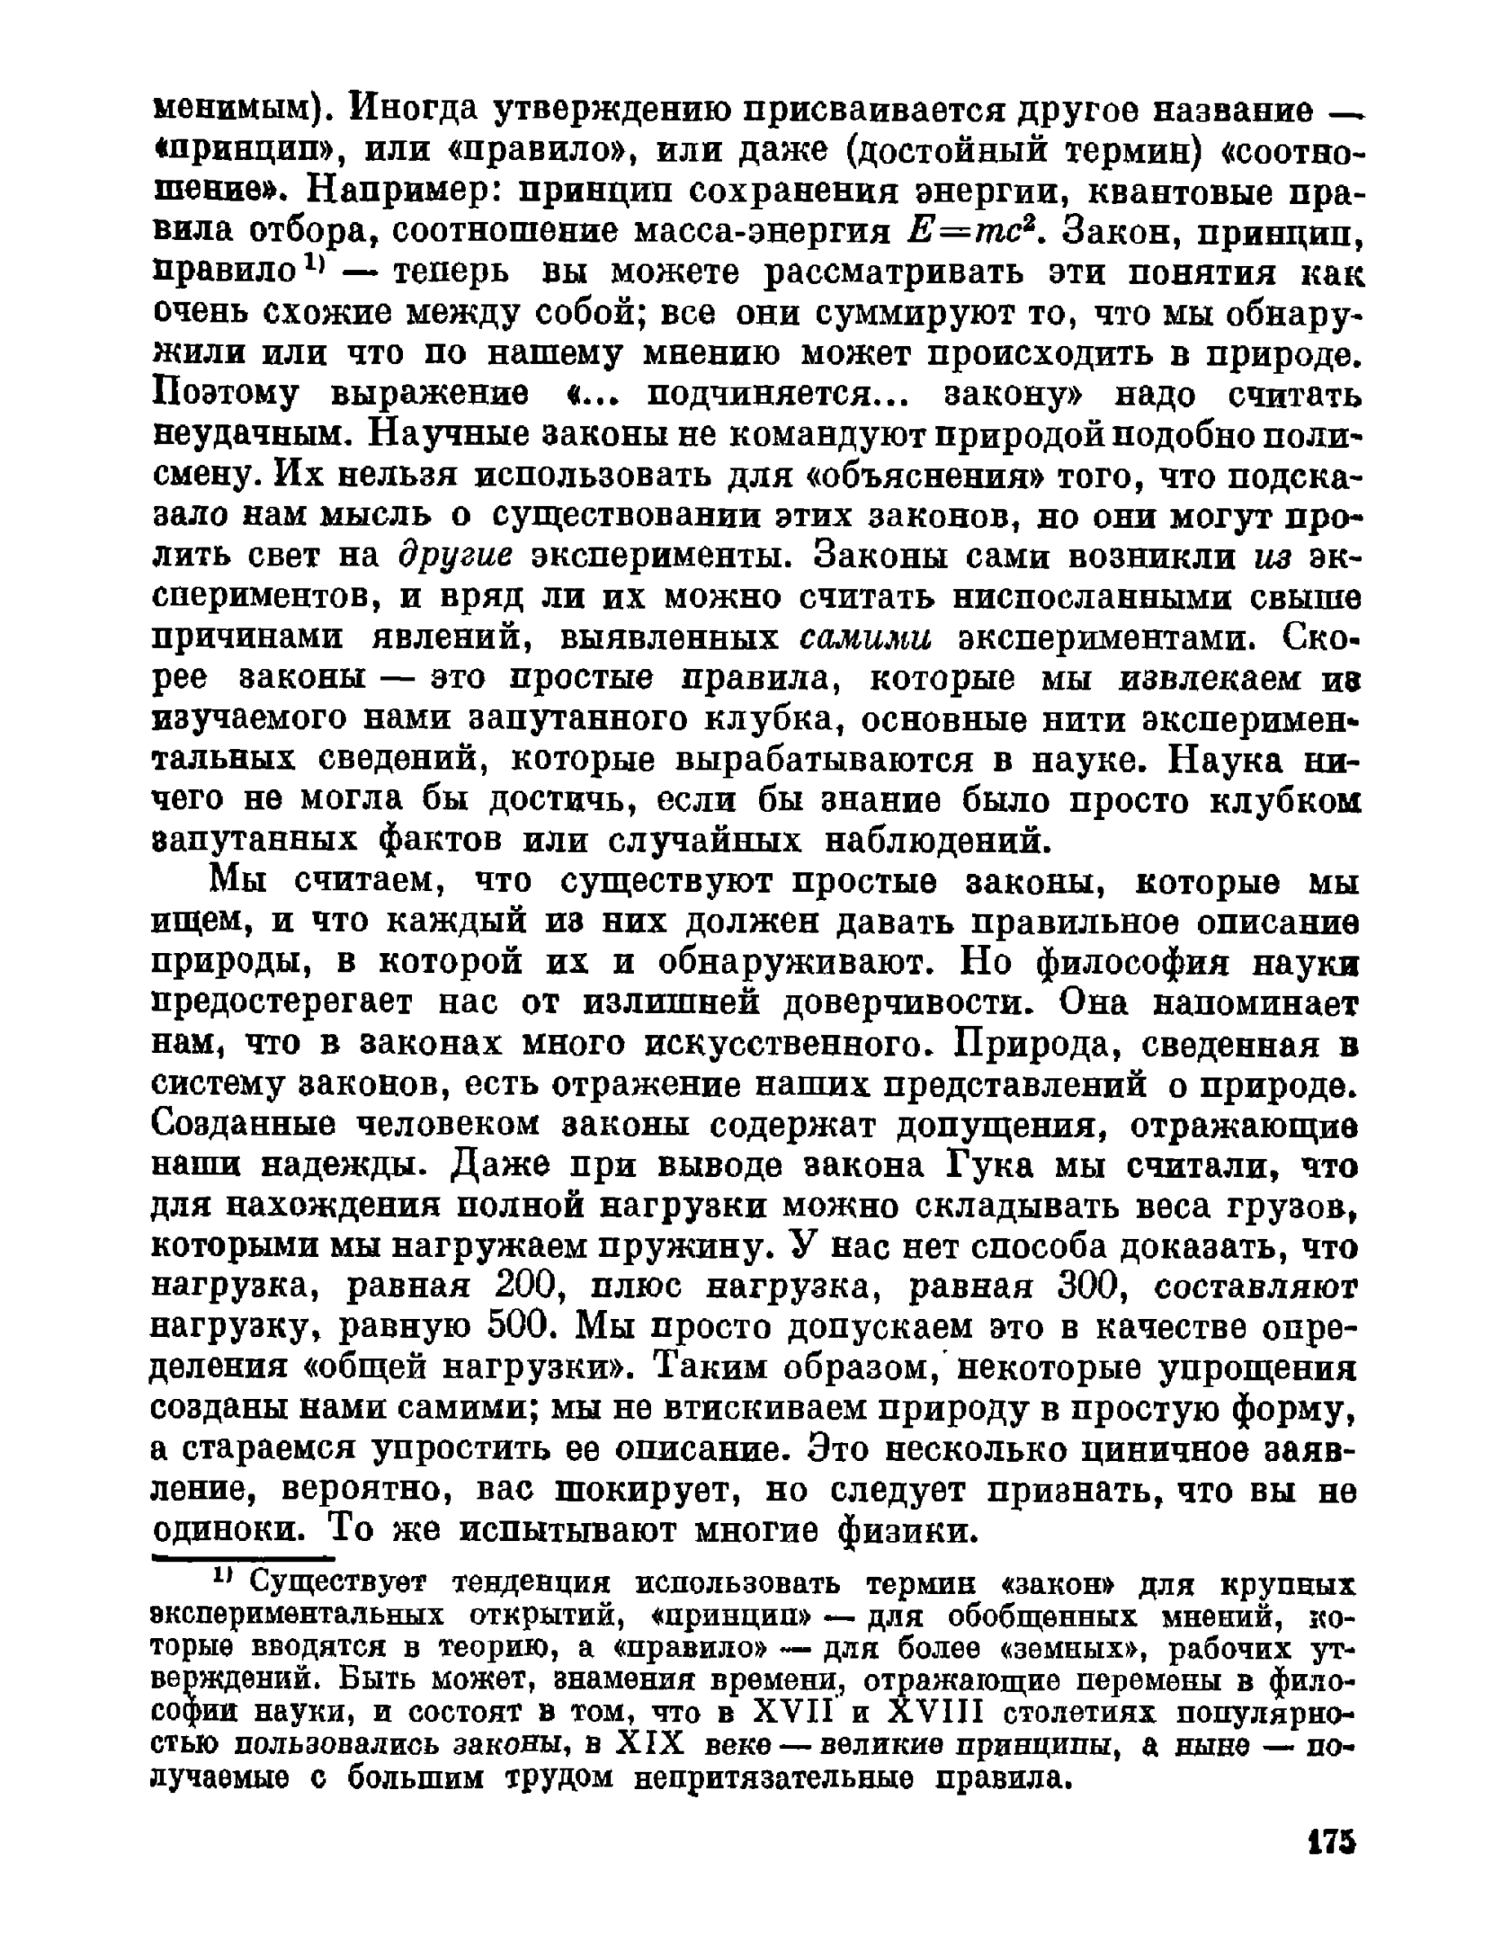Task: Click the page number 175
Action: click(1329, 1840)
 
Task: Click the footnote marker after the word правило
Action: click(313, 263)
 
